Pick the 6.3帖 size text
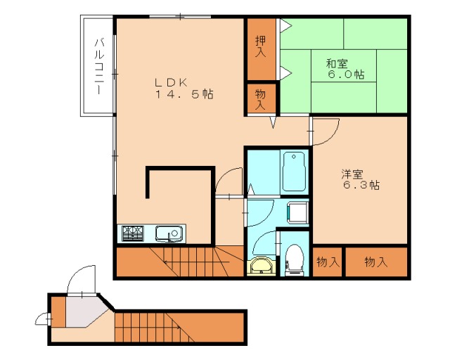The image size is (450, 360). point(361,186)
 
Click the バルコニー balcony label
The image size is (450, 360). point(100,65)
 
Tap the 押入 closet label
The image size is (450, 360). point(260,47)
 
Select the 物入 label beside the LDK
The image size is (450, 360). point(260,98)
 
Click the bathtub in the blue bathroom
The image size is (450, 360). point(293,172)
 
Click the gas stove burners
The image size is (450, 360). point(133,233)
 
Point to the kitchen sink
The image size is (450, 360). point(169,233)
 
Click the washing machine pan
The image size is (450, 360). point(297,212)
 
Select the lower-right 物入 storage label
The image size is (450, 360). point(375,262)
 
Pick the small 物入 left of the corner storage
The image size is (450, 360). point(327,262)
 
